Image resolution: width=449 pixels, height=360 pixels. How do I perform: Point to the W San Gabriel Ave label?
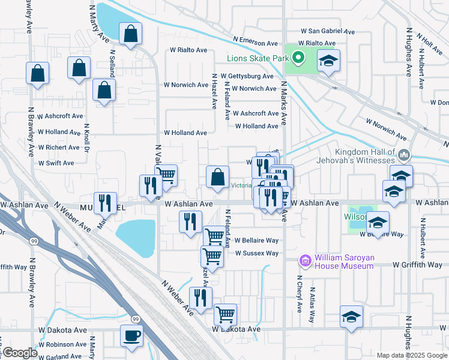[328, 31]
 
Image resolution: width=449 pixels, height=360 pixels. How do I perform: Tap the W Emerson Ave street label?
[255, 43]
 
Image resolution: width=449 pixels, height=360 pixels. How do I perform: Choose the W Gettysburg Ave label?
[247, 76]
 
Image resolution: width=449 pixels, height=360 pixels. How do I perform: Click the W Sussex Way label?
[256, 253]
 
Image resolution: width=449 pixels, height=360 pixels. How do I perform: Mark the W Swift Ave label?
[56, 163]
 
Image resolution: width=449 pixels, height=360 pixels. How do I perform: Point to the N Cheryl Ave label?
[299, 294]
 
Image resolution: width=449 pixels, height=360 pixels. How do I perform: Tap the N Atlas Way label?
[312, 305]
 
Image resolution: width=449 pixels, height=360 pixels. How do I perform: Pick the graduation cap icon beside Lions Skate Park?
[328, 61]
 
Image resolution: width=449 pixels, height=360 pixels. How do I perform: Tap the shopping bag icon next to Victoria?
[217, 176]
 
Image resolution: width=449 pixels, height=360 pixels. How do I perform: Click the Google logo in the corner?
[19, 353]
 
